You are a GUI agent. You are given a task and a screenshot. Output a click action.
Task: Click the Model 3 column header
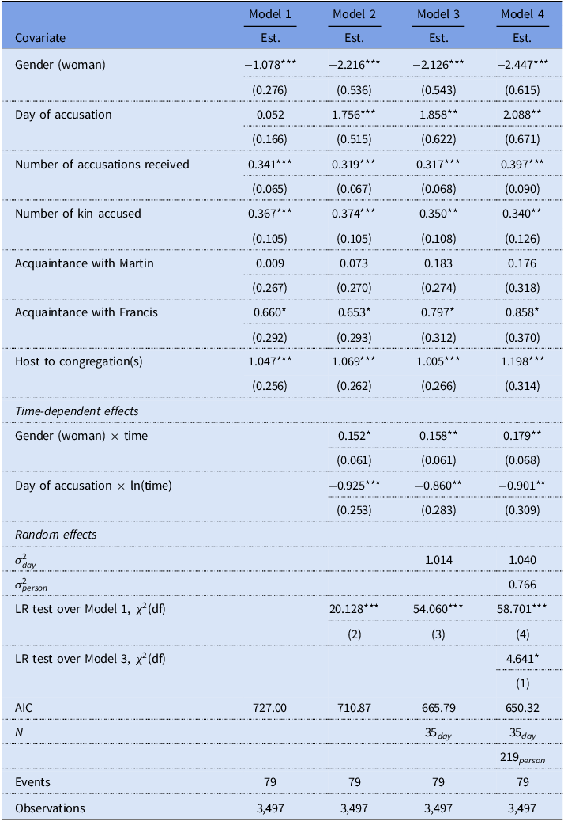(438, 14)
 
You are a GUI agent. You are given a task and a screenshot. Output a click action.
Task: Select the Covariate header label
(40, 38)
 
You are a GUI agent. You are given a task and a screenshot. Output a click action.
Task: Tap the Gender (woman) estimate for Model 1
(270, 65)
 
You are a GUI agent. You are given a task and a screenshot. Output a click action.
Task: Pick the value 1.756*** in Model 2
(354, 114)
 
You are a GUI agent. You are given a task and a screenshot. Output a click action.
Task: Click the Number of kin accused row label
(78, 214)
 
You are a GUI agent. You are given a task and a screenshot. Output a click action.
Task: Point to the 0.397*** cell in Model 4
(522, 165)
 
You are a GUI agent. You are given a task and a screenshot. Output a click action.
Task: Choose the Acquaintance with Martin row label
(85, 263)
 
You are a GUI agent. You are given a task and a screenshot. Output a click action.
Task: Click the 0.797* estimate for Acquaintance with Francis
(438, 312)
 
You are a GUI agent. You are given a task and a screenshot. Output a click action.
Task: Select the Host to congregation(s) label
(78, 361)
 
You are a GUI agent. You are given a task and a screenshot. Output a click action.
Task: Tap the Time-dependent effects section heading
(77, 411)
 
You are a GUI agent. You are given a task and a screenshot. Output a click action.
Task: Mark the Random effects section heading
(56, 535)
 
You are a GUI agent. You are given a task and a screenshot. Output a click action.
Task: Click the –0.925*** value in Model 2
(355, 486)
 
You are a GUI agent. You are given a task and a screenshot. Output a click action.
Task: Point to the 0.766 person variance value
(522, 585)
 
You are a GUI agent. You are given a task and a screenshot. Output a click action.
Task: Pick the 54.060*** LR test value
(438, 609)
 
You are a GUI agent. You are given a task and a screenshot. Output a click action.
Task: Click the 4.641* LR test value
(522, 659)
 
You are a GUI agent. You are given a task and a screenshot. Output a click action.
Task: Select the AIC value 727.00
(270, 708)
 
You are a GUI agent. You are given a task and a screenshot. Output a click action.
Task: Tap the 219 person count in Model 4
(522, 758)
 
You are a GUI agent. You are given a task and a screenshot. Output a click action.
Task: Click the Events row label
(32, 782)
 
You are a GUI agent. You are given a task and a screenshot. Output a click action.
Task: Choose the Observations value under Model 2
(355, 808)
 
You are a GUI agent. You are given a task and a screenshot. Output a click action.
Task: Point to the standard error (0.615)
(522, 90)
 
